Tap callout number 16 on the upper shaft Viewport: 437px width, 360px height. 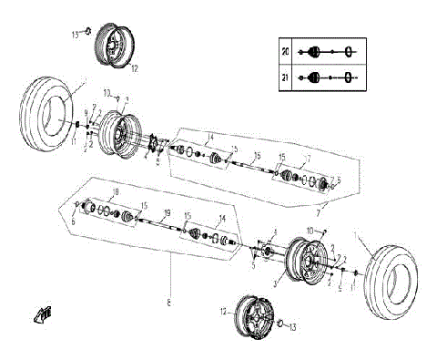[257, 155]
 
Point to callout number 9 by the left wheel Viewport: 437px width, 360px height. [87, 112]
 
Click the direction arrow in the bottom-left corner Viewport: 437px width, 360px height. [40, 315]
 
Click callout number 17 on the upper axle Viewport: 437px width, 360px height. [308, 159]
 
